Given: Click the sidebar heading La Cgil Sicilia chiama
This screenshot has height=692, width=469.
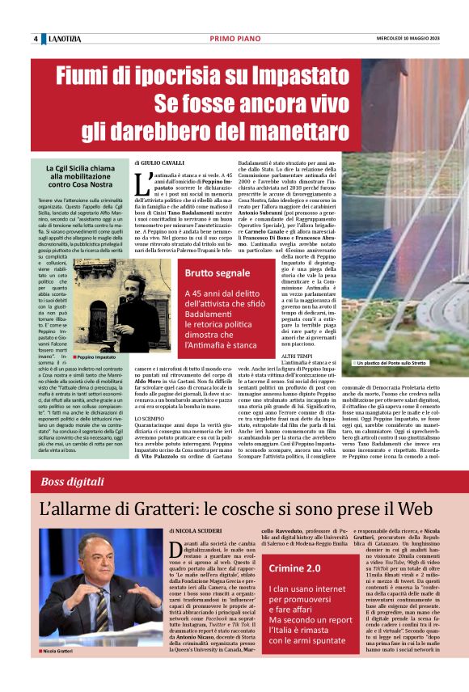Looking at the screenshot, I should (x=80, y=167).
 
